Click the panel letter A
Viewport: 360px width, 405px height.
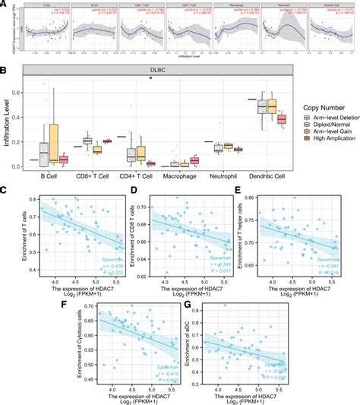pos(5,5)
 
